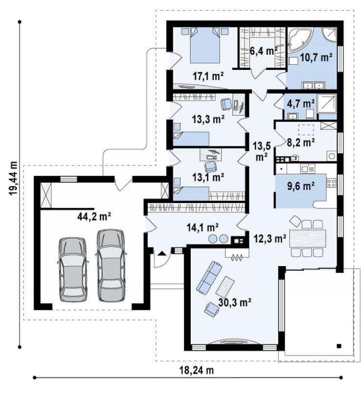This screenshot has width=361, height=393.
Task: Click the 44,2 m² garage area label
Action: [x=94, y=217]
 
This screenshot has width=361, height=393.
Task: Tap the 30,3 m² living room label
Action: [x=235, y=303]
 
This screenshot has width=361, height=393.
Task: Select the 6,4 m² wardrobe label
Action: [x=263, y=51]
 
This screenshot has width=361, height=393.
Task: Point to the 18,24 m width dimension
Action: [x=197, y=370]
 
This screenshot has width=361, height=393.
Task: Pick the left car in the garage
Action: [x=73, y=269]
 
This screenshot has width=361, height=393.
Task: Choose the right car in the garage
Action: [x=111, y=265]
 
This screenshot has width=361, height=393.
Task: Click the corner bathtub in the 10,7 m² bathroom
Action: [x=300, y=40]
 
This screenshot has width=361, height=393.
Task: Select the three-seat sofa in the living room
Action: [x=209, y=277]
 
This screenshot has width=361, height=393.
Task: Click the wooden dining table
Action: [x=307, y=238]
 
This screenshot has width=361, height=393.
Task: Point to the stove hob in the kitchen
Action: [x=331, y=183]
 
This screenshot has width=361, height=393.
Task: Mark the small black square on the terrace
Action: [x=339, y=346]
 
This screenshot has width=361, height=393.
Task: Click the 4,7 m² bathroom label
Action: [x=302, y=103]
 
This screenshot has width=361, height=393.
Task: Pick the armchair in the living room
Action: [x=212, y=309]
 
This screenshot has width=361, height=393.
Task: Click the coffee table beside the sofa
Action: [x=225, y=286]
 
